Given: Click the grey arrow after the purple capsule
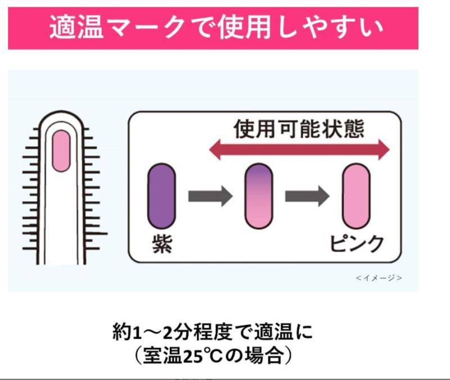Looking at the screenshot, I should [209, 196].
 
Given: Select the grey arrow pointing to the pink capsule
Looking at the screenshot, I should [307, 196].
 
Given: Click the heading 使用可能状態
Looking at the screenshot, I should [299, 129].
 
